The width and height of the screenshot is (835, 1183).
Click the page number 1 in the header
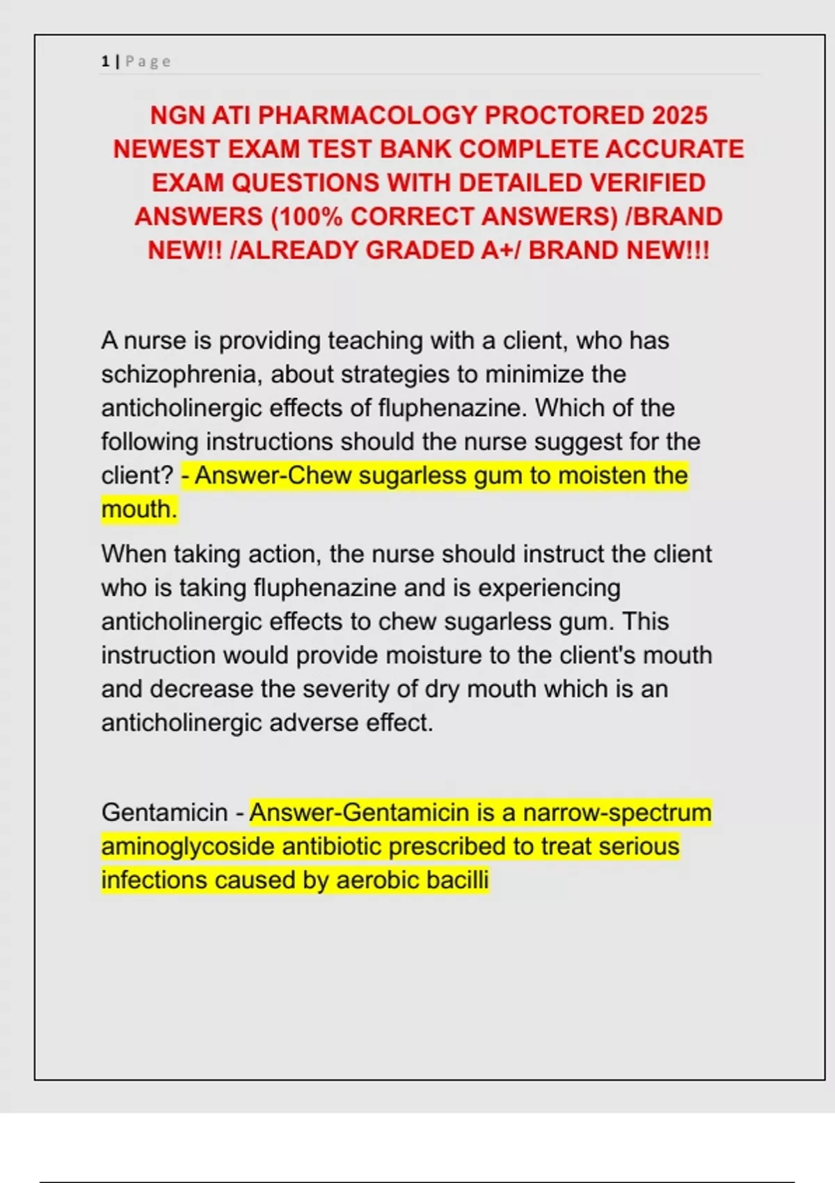(105, 61)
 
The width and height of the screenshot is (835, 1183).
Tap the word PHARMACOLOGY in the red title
(367, 115)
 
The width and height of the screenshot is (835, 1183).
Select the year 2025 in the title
(680, 115)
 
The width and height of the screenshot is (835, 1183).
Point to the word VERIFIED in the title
(648, 182)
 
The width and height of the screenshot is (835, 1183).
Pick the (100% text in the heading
(307, 216)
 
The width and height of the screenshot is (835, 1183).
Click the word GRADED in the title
(420, 250)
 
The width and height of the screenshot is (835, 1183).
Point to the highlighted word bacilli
(457, 880)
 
